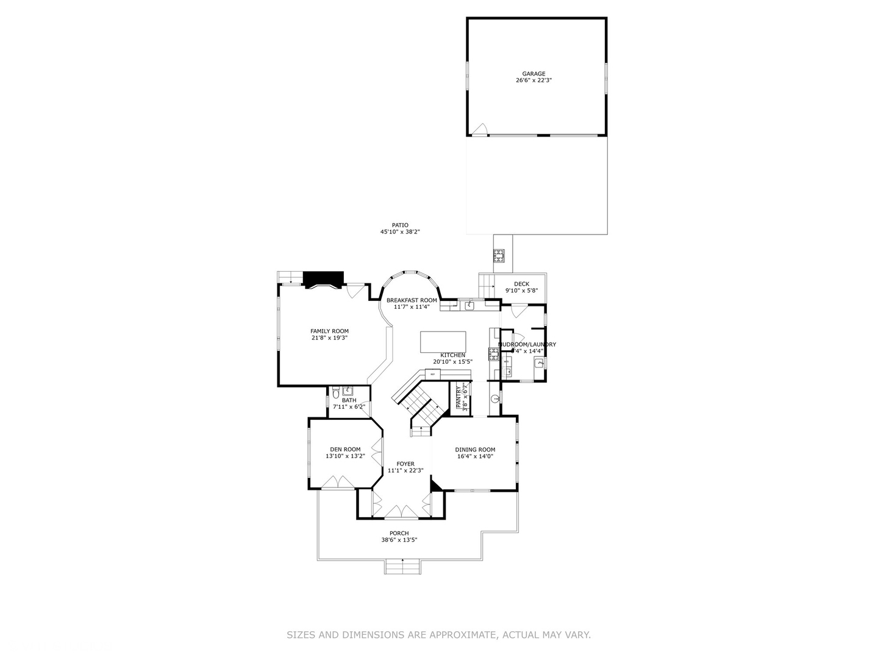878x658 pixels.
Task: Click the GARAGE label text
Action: click(x=534, y=74)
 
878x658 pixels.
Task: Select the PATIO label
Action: click(x=400, y=225)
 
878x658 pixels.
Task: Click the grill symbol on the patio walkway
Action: click(x=500, y=255)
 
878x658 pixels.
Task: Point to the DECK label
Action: click(x=521, y=284)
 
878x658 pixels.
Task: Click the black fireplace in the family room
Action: click(x=324, y=279)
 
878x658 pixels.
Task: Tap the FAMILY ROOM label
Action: click(x=329, y=331)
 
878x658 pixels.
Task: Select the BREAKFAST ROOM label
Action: click(x=412, y=300)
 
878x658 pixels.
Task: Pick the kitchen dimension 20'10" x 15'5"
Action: click(x=452, y=362)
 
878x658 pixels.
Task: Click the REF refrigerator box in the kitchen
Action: click(x=433, y=373)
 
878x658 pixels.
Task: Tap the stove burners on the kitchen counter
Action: click(x=493, y=353)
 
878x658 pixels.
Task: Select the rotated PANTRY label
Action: click(x=459, y=397)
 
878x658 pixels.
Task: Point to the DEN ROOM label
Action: click(x=345, y=450)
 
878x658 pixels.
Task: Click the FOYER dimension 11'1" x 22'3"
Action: click(x=405, y=470)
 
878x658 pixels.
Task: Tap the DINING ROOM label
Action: click(x=475, y=450)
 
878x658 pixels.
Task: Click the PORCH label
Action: click(x=399, y=533)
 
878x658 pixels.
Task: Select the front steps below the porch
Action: click(x=402, y=567)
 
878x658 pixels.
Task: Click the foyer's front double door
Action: click(x=401, y=512)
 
